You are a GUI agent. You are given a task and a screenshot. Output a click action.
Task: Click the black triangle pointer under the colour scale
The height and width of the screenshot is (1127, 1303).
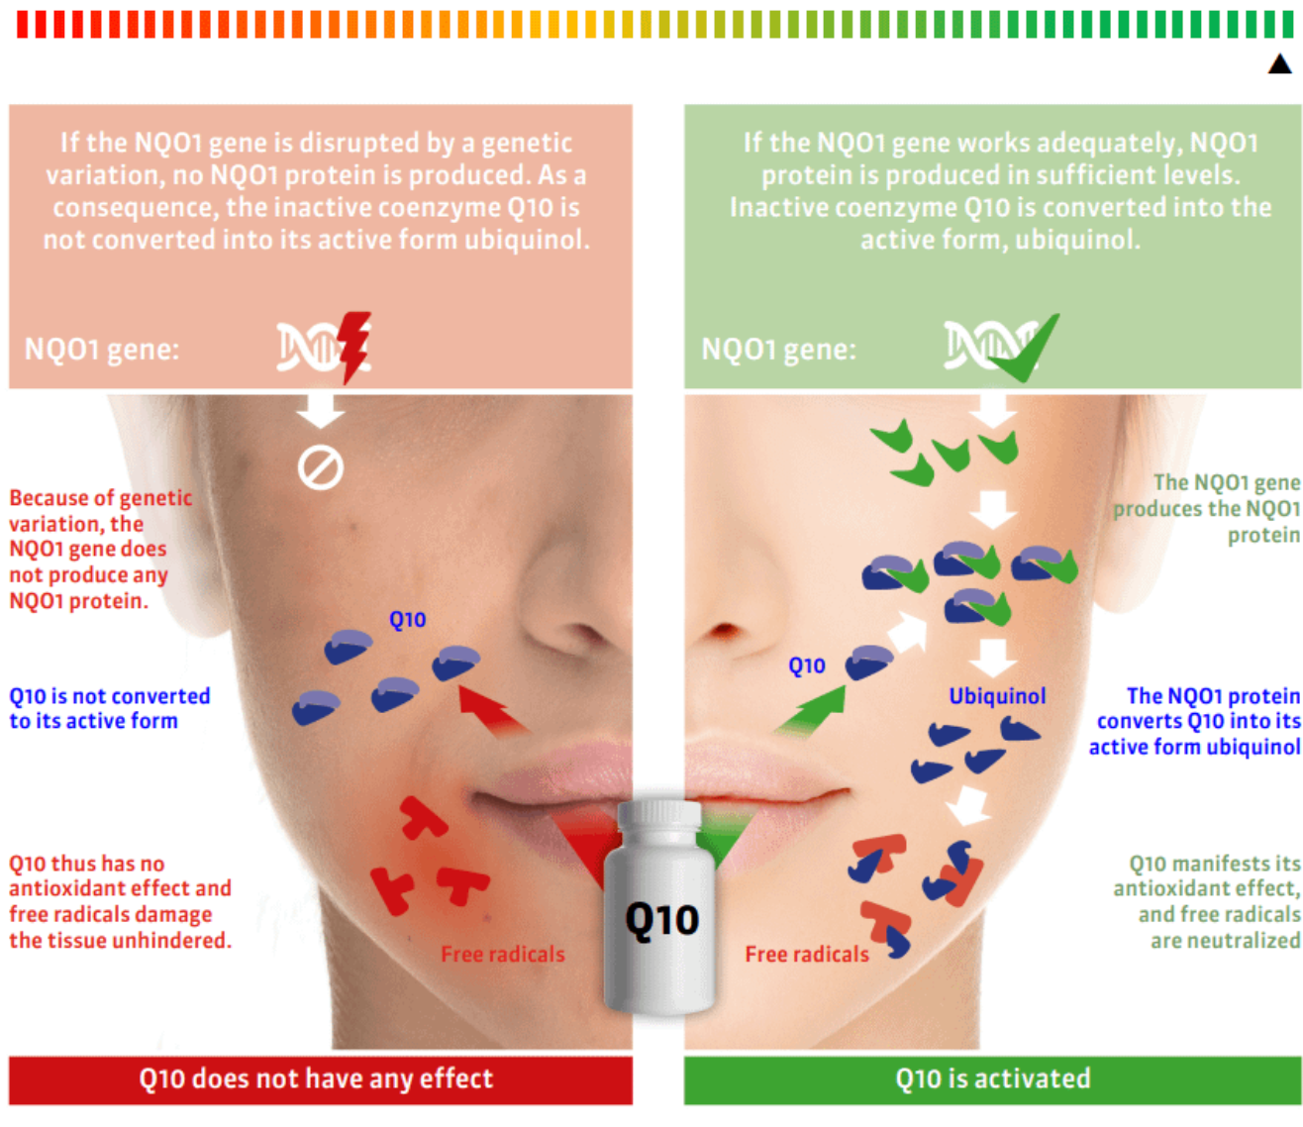click(1279, 64)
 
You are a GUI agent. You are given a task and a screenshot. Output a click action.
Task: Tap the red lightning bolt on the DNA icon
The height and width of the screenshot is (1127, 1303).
click(353, 345)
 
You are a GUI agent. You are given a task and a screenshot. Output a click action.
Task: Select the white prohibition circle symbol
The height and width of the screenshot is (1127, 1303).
click(320, 467)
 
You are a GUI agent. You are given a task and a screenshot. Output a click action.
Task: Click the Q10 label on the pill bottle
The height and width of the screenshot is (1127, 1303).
click(661, 920)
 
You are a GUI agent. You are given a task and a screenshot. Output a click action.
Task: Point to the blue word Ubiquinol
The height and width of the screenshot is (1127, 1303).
click(996, 696)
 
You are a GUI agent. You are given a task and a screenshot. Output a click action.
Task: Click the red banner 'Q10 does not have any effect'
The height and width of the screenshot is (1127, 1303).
click(320, 1079)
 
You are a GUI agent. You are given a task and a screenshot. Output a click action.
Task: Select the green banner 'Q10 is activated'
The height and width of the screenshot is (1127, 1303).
click(992, 1079)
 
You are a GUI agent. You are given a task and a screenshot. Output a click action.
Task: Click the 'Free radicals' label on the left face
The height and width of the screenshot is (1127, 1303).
click(502, 955)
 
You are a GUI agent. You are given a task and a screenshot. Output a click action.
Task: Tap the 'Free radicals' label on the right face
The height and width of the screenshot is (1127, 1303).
click(806, 955)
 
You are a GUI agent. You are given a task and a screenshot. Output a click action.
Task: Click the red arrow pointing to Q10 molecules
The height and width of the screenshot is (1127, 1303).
click(491, 709)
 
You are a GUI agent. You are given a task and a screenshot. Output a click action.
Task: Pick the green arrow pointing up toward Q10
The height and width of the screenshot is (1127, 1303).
click(812, 711)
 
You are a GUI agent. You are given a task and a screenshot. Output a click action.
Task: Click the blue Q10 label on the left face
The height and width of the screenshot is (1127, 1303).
click(407, 620)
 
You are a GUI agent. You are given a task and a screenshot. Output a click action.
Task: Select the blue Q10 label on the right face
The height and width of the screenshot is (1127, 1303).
click(806, 666)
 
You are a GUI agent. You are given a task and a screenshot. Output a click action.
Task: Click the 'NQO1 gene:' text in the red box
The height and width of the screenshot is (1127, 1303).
click(102, 350)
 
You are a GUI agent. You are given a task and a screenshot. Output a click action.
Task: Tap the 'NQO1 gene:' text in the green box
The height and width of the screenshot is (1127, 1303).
click(778, 350)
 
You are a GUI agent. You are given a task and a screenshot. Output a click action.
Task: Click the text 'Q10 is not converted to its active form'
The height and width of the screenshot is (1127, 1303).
click(109, 708)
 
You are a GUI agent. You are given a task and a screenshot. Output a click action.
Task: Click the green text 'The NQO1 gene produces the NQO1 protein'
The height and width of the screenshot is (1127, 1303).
click(1208, 509)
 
